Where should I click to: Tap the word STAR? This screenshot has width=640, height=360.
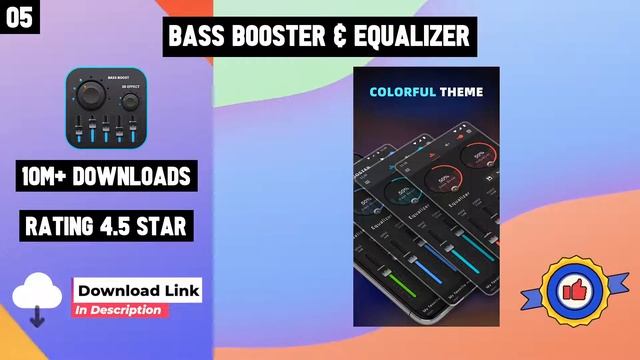tap(172, 227)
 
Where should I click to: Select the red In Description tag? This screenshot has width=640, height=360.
tap(120, 310)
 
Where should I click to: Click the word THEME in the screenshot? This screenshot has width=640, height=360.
tap(461, 92)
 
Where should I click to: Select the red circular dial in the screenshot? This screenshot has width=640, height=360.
tap(441, 180)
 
